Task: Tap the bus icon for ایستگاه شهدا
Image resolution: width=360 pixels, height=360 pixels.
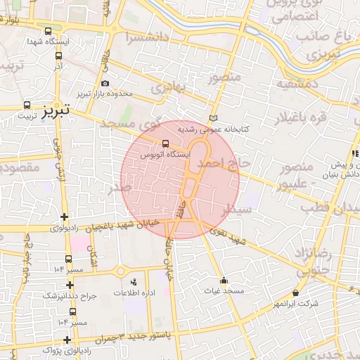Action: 48,32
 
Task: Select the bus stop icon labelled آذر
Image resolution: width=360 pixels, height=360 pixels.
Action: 58,56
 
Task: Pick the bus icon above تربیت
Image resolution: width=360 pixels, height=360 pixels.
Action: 27,103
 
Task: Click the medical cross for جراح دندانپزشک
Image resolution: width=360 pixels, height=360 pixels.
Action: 70,285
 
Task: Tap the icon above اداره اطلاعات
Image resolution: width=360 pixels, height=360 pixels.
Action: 134,282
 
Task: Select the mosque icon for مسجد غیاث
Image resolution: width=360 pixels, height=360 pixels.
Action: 224,280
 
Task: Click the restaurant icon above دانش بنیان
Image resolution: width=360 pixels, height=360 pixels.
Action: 355,153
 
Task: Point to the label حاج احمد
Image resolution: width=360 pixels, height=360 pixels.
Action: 224,163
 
